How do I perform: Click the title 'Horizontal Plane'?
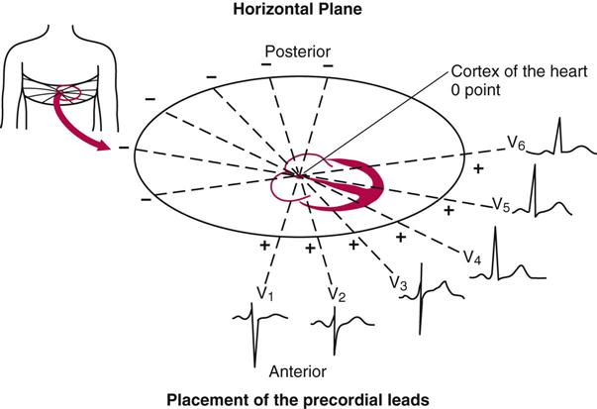point(297,11)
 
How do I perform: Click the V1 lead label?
point(262,294)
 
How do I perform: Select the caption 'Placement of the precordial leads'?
point(297,400)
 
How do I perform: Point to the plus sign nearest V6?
point(477,169)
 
